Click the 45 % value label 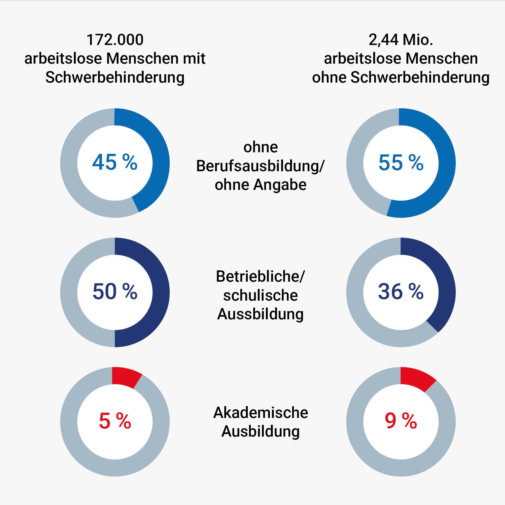click(115, 162)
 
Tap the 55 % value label click(401, 162)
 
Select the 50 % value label click(115, 291)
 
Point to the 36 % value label click(401, 291)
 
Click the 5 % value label click(115, 421)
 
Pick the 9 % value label click(401, 421)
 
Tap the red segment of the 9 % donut click(416, 379)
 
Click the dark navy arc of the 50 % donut click(160, 292)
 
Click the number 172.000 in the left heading click(115, 40)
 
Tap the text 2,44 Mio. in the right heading click(401, 40)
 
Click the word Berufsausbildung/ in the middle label click(260, 166)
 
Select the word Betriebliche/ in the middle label click(260, 276)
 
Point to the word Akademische click(261, 413)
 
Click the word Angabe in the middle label click(280, 185)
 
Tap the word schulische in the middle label click(260, 295)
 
